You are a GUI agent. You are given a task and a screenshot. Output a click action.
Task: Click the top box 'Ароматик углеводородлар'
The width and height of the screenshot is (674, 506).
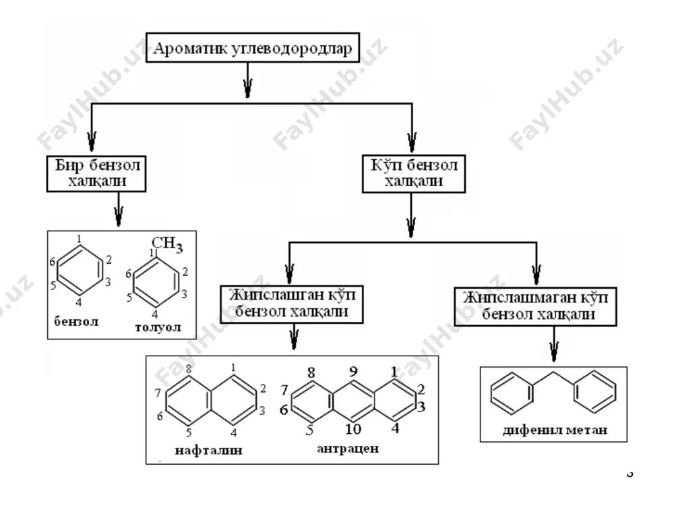[253, 47]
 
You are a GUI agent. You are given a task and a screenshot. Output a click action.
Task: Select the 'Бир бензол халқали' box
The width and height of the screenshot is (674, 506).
[96, 173]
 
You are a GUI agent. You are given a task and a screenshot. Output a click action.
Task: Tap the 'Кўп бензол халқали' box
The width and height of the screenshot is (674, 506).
[414, 173]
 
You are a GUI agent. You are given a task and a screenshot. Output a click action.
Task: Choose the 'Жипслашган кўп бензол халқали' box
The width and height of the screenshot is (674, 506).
[292, 304]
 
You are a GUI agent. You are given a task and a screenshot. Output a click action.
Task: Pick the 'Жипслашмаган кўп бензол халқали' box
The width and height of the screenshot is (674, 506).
[536, 306]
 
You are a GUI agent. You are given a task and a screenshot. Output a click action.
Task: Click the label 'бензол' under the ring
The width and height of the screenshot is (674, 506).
[76, 321]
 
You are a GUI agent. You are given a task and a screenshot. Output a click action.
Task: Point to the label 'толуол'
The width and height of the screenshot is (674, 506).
[158, 327]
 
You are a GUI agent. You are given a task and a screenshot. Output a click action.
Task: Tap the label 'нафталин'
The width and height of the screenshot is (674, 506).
[208, 451]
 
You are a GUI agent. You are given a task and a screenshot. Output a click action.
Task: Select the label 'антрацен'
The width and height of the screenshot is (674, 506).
[348, 449]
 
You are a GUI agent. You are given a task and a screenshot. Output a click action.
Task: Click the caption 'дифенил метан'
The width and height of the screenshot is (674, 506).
[555, 430]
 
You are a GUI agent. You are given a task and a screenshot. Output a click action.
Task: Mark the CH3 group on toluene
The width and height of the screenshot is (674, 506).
[166, 244]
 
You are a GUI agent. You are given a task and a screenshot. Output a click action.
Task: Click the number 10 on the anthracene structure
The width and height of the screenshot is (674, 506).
[353, 429]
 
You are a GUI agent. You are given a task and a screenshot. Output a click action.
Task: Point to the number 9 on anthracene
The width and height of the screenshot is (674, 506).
[353, 371]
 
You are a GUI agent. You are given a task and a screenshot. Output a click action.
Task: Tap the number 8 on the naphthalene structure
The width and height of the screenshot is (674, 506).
[188, 368]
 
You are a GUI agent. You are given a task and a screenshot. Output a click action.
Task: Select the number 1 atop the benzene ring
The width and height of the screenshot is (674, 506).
[79, 239]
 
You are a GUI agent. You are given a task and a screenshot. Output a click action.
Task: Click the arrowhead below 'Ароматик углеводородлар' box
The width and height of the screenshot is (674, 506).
[247, 88]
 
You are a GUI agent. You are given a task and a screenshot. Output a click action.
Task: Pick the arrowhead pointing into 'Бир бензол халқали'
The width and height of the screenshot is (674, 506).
[92, 142]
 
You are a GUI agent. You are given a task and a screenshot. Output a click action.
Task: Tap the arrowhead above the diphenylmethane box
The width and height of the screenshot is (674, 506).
[554, 352]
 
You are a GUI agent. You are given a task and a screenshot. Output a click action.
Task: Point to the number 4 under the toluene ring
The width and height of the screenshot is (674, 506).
[155, 314]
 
